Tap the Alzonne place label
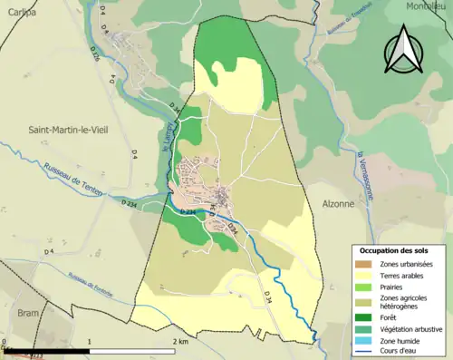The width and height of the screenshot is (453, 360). pos(338,204)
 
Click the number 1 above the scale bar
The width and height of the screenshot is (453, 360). pos(90,341)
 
